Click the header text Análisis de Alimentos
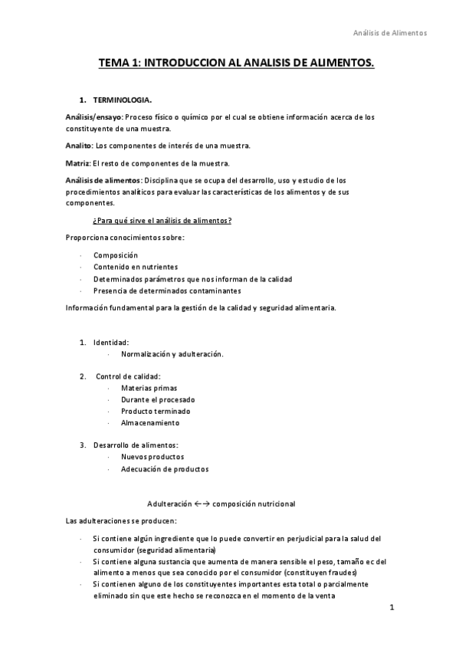pyautogui.click(x=389, y=33)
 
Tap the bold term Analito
pyautogui.click(x=78, y=146)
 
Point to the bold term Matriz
pyautogui.click(x=77, y=162)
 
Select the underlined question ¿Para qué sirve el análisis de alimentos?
pyautogui.click(x=162, y=221)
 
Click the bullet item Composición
pyautogui.click(x=116, y=255)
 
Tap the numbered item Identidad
pyautogui.click(x=111, y=342)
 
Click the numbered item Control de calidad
pyautogui.click(x=128, y=376)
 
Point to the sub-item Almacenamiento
pyautogui.click(x=149, y=422)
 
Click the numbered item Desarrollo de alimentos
pyautogui.click(x=136, y=445)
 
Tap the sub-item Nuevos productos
pyautogui.click(x=152, y=457)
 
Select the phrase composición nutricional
pyautogui.click(x=254, y=504)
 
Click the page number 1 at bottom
pyautogui.click(x=391, y=609)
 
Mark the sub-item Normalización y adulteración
pyautogui.click(x=172, y=353)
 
